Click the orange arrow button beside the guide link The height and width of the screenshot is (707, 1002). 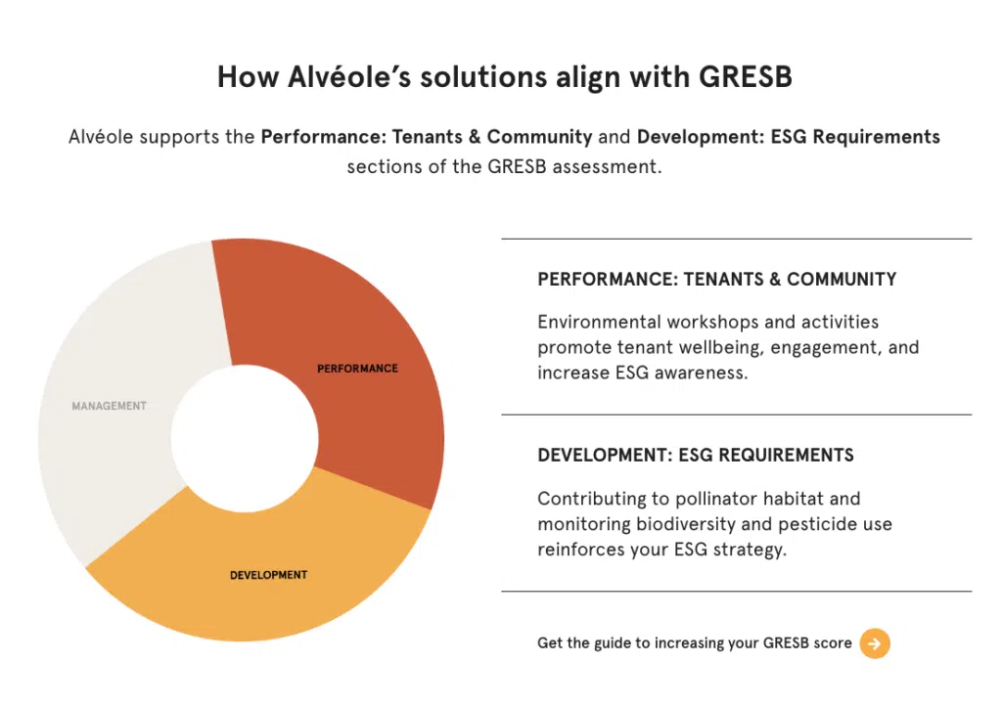(x=875, y=643)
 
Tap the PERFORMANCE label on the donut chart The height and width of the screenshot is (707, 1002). (x=357, y=369)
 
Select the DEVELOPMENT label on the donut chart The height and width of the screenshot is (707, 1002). (x=268, y=575)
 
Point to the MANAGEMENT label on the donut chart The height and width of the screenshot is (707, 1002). (x=110, y=406)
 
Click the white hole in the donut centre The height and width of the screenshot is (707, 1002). (x=245, y=439)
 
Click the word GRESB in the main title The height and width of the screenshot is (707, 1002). (x=745, y=76)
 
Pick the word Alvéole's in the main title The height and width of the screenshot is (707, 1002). (x=349, y=76)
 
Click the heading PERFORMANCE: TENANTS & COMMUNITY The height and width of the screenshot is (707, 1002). (x=717, y=279)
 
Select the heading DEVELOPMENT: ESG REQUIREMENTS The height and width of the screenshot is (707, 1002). (x=696, y=455)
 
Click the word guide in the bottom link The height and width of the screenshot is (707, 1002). (x=613, y=643)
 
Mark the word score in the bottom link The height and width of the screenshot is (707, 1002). (x=833, y=643)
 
